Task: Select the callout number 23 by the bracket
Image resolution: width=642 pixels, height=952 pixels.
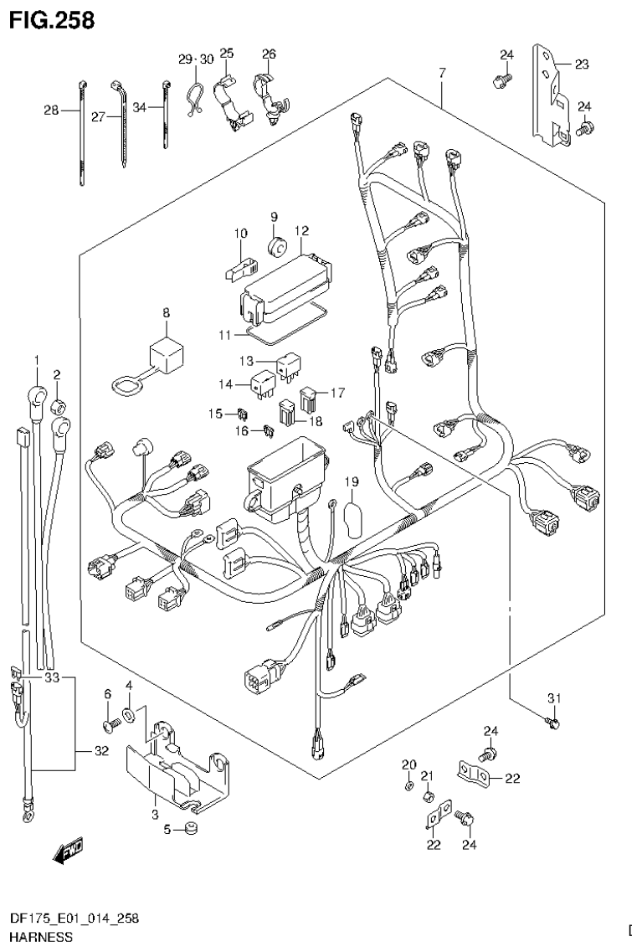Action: tap(581, 63)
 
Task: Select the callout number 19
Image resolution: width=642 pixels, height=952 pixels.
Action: tap(351, 481)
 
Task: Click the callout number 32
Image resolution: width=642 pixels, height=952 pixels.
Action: tap(101, 751)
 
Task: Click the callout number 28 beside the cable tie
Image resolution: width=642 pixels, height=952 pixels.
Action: tap(51, 111)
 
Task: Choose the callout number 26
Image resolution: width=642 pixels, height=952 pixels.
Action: tap(268, 54)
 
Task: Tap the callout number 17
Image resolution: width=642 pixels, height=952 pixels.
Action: tap(336, 391)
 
